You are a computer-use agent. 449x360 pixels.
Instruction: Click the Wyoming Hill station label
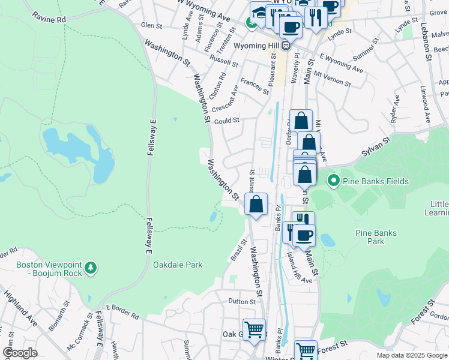tap(262, 46)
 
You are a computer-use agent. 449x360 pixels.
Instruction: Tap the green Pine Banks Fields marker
tap(333, 180)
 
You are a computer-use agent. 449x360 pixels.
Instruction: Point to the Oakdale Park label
tap(178, 265)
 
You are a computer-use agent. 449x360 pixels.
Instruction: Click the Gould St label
tap(227, 120)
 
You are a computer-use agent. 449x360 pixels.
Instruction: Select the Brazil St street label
tap(238, 250)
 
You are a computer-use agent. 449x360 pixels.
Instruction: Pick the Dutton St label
tap(242, 301)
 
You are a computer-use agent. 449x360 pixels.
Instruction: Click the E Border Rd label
tap(122, 312)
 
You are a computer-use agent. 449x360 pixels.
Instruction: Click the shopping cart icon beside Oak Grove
tap(255, 329)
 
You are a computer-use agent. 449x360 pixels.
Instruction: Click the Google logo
tap(20, 352)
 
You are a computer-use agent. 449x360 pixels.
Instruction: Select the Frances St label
tap(254, 85)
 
